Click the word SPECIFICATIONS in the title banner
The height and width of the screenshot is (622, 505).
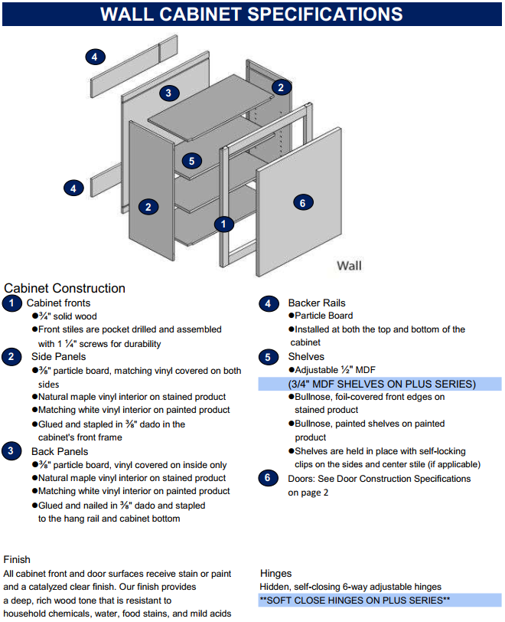point(327,14)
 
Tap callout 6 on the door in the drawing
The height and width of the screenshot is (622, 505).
point(303,202)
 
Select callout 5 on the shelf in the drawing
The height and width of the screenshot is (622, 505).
point(192,161)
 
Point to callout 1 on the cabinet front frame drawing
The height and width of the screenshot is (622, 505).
point(223,224)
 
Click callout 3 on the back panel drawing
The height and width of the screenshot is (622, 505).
point(169,93)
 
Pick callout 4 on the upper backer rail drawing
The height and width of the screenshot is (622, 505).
point(94,57)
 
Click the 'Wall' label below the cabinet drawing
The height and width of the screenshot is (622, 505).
point(350,265)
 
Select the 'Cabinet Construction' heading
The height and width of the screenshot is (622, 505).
point(65,289)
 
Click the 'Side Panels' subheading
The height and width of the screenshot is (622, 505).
point(58,357)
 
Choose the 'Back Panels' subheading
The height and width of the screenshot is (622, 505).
point(60,451)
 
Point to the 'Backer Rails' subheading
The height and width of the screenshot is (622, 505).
point(317,303)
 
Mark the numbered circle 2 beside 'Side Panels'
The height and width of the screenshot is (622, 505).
point(11,357)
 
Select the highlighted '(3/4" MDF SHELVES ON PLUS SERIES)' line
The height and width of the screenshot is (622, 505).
point(381,384)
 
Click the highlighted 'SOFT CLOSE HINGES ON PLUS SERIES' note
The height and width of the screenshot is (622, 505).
point(354,601)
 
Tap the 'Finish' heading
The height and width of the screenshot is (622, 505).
point(17,560)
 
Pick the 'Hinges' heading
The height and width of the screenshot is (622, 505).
point(275,573)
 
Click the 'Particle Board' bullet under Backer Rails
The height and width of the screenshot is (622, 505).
point(324,316)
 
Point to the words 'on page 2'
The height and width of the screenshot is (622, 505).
point(308,493)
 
